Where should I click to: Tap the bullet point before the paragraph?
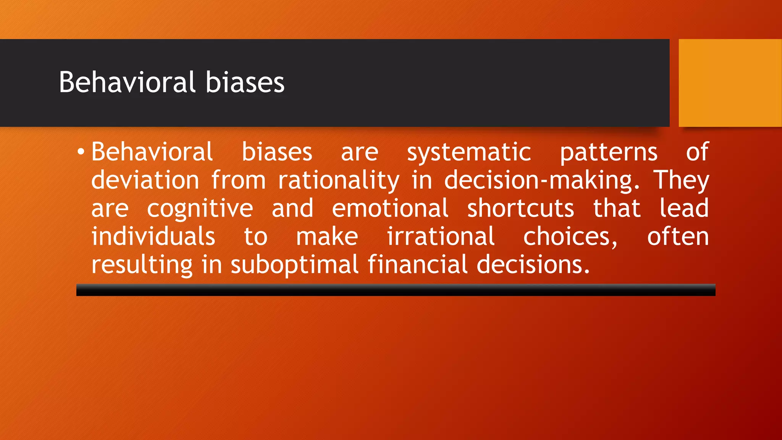point(80,152)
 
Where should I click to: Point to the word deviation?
point(145,180)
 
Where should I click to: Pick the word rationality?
point(339,181)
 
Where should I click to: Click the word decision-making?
point(541,181)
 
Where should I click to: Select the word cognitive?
point(200,209)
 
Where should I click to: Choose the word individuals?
point(153,236)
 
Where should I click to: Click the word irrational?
point(441,236)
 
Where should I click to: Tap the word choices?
point(570,237)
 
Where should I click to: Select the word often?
point(678,236)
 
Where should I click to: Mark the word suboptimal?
point(294,265)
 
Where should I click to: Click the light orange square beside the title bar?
point(730,83)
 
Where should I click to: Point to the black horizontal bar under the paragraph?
point(396,290)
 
